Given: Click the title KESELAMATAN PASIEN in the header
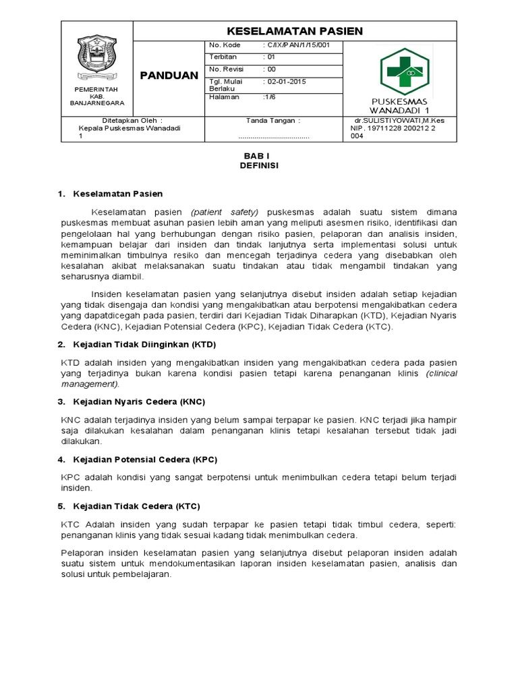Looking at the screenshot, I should [294, 31].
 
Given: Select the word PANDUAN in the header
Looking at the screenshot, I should [169, 74].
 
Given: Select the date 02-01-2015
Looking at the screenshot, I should [287, 82].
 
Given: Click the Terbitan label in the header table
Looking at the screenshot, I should [223, 57].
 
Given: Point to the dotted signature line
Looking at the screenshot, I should [273, 136].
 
